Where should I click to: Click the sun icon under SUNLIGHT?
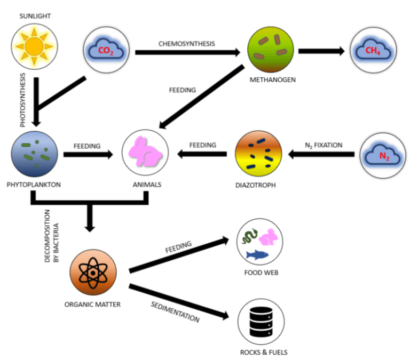tap(34, 46)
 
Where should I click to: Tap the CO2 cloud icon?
tap(106, 50)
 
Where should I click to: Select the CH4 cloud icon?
tap(373, 50)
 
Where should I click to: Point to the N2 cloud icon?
tap(383, 156)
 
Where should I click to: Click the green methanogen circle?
tap(271, 50)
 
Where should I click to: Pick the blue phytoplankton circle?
tap(34, 154)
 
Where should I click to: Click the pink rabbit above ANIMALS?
tap(145, 151)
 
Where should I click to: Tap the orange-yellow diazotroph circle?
tap(258, 154)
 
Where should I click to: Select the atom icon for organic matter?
tap(93, 273)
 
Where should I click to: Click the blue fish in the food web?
tap(257, 255)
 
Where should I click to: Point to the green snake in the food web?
tap(249, 236)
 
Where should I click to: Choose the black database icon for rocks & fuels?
tap(261, 322)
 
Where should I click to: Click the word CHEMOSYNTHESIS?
tap(187, 44)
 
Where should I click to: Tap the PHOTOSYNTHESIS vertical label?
tap(23, 100)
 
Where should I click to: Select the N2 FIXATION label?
tap(324, 145)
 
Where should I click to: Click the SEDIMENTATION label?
tap(175, 312)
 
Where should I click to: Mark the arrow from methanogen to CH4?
tap(321, 51)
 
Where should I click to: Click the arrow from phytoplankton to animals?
tap(88, 155)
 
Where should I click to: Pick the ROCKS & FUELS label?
tap(264, 353)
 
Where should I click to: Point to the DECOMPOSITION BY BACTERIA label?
tap(51, 236)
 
